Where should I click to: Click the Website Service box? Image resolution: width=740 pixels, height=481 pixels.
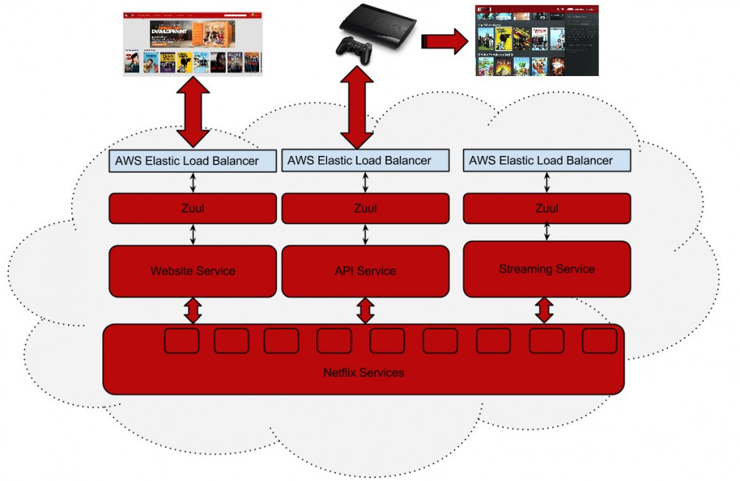[x=192, y=271]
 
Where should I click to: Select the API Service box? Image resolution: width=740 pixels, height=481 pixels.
[x=365, y=271]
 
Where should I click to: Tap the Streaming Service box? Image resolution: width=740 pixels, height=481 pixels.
[x=547, y=269]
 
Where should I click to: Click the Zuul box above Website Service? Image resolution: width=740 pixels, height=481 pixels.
[x=192, y=208]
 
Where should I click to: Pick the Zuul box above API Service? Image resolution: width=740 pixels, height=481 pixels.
[x=365, y=208]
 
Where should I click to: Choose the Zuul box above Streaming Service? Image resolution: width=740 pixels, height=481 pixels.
[x=547, y=208]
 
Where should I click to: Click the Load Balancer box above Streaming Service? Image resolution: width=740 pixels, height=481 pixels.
[x=548, y=160]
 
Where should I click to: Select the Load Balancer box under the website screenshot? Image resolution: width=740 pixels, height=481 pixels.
[x=192, y=160]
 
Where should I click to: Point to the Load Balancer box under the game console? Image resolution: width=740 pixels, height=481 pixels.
[x=365, y=160]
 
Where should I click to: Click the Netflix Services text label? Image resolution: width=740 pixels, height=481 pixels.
[x=363, y=372]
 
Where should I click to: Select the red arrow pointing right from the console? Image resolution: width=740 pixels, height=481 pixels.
[x=444, y=41]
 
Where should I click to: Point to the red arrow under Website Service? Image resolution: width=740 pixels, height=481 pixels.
[x=193, y=310]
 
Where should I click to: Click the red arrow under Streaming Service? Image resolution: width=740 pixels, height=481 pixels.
[x=545, y=310]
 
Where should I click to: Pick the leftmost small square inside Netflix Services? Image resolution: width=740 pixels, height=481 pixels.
[x=181, y=341]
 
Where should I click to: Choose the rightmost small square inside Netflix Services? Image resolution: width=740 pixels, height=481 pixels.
[x=599, y=341]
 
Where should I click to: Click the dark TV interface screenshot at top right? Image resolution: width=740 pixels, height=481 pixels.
[x=536, y=41]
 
